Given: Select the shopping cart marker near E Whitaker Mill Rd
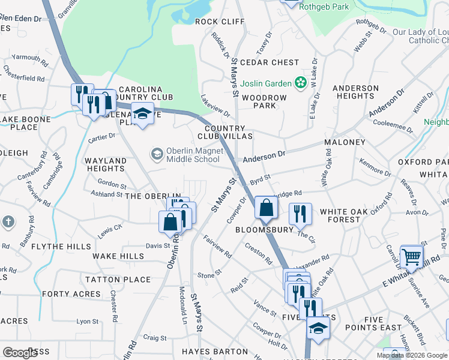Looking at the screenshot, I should [x=412, y=256].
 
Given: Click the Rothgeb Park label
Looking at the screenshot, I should [x=328, y=7].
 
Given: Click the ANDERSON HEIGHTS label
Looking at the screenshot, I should [x=355, y=92].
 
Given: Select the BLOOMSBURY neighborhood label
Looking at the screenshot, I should [x=264, y=230].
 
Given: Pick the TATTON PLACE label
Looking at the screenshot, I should [x=118, y=280].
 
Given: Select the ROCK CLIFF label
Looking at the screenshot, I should [x=220, y=22].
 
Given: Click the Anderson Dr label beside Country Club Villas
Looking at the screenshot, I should [x=264, y=157].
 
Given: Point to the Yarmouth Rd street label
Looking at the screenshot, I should [x=25, y=58].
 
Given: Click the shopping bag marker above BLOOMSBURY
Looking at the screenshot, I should [x=265, y=208].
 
